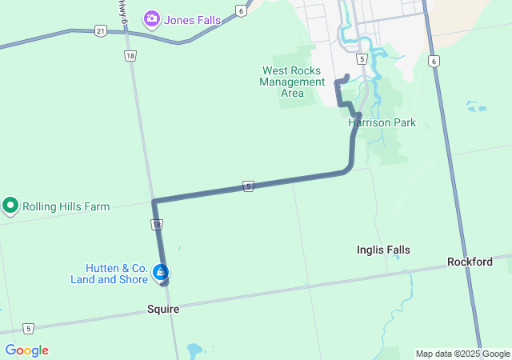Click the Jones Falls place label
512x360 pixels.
(x=192, y=19)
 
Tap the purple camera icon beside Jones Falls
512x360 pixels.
(x=150, y=18)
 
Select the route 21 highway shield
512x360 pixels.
(x=99, y=30)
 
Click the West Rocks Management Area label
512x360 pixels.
(x=292, y=81)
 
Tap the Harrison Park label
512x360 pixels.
(x=382, y=123)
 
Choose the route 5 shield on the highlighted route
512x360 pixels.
(x=250, y=186)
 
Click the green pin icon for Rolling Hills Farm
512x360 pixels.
(x=10, y=206)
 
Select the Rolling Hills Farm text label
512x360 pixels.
(x=66, y=206)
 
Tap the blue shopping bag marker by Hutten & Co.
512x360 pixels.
(x=161, y=272)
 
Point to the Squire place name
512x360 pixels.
(x=162, y=309)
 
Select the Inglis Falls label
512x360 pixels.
(x=383, y=250)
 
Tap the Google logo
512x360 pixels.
(x=26, y=350)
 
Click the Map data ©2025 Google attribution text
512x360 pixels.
(x=462, y=354)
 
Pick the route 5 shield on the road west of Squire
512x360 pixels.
(x=28, y=328)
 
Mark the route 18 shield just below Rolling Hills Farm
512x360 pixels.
(x=158, y=226)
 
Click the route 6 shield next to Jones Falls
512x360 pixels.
(x=241, y=10)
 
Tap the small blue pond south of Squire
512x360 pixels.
(x=194, y=350)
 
